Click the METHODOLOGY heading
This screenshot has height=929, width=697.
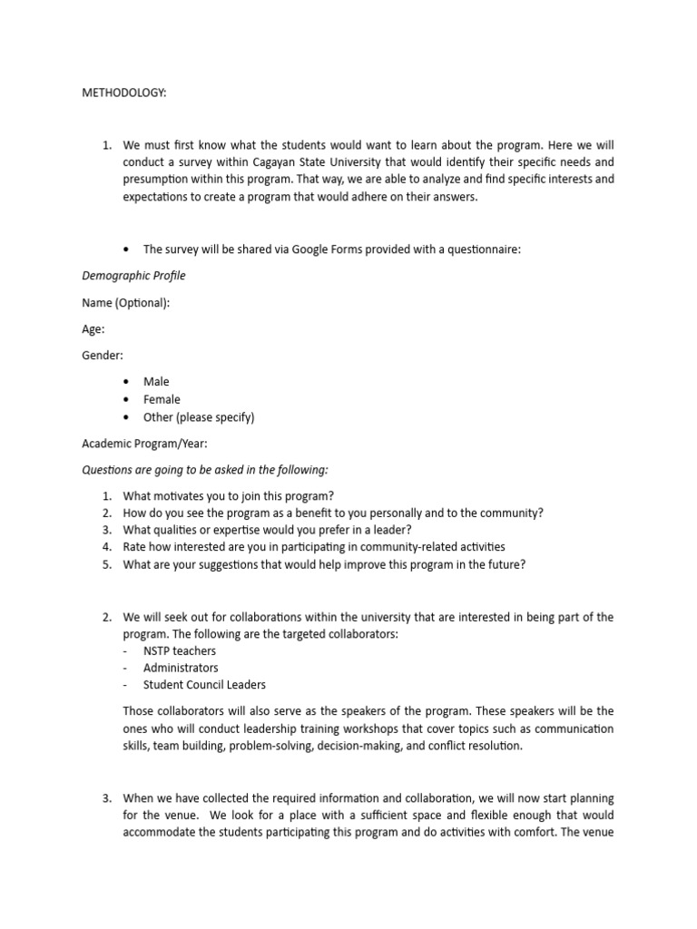point(124,93)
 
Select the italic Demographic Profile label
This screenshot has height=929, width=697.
point(134,276)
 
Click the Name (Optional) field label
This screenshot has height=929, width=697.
point(125,303)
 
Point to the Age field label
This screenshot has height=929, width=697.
point(93,329)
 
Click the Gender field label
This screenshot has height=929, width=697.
point(103,356)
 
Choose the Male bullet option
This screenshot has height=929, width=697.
point(156,382)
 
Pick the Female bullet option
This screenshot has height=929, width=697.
point(162,399)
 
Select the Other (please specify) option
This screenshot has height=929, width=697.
point(199,417)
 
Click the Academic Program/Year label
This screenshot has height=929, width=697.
point(145,444)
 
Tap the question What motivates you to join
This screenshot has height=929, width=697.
point(229,495)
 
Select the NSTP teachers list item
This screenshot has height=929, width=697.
point(180,650)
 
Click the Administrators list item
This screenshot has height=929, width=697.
point(181,668)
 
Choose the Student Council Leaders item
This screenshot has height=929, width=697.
point(204,685)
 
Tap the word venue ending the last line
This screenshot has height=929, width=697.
point(598,833)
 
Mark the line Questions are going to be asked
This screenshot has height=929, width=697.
point(205,470)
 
